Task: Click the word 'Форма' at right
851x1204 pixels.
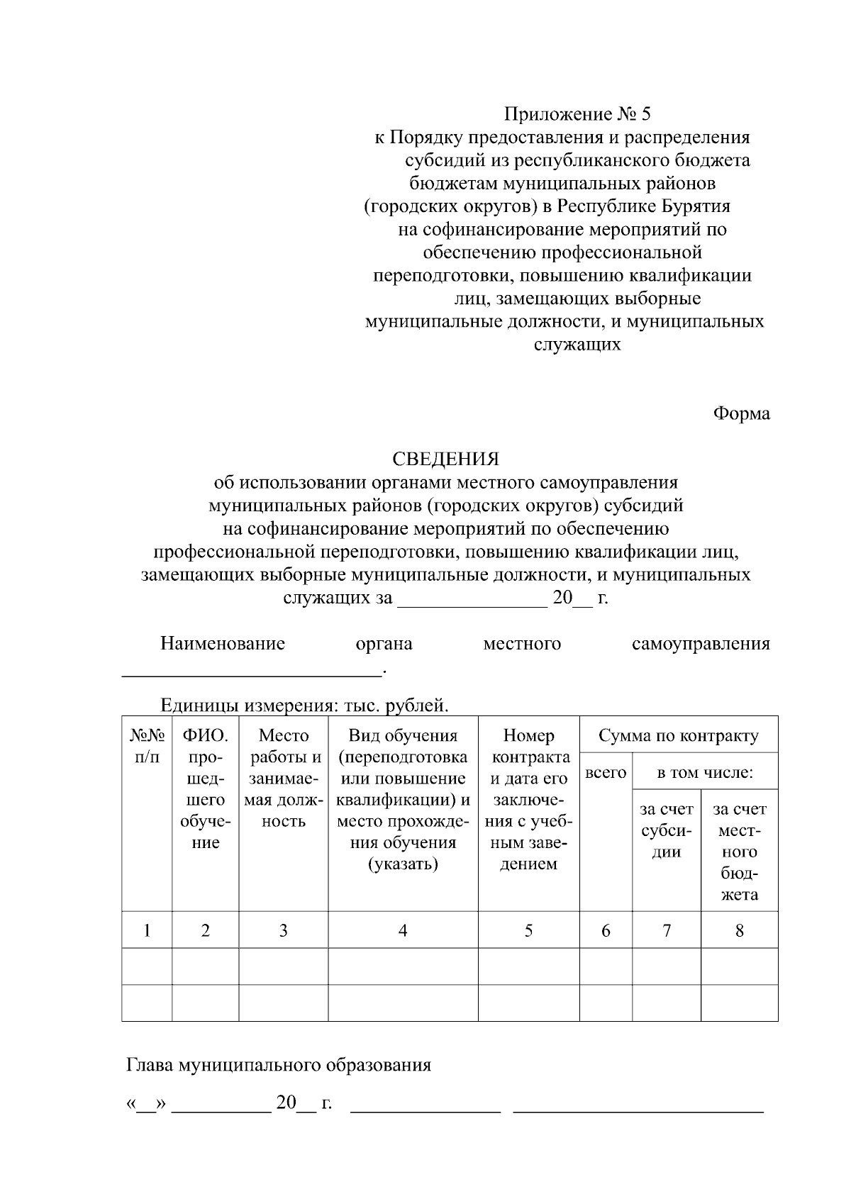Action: (741, 413)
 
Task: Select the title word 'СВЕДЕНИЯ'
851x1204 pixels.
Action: (446, 459)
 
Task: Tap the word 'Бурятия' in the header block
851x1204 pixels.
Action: (696, 206)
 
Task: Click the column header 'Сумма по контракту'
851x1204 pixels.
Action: (678, 735)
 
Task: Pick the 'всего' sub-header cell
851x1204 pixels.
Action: (606, 773)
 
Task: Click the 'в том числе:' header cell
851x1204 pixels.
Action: (704, 773)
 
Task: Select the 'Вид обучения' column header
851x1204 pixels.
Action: (402, 799)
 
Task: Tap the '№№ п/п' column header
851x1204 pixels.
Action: (147, 746)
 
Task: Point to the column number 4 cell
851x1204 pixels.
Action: (402, 930)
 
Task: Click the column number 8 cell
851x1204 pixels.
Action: (739, 930)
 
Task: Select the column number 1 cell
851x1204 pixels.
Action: (147, 930)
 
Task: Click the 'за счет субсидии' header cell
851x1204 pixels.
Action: (666, 830)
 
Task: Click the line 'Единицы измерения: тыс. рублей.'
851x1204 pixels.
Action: (305, 706)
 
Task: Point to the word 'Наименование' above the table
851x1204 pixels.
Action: (222, 644)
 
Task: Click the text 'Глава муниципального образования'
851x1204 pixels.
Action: (279, 1065)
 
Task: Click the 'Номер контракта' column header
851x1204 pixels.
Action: (528, 799)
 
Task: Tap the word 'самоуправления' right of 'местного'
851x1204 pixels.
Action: (700, 644)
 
